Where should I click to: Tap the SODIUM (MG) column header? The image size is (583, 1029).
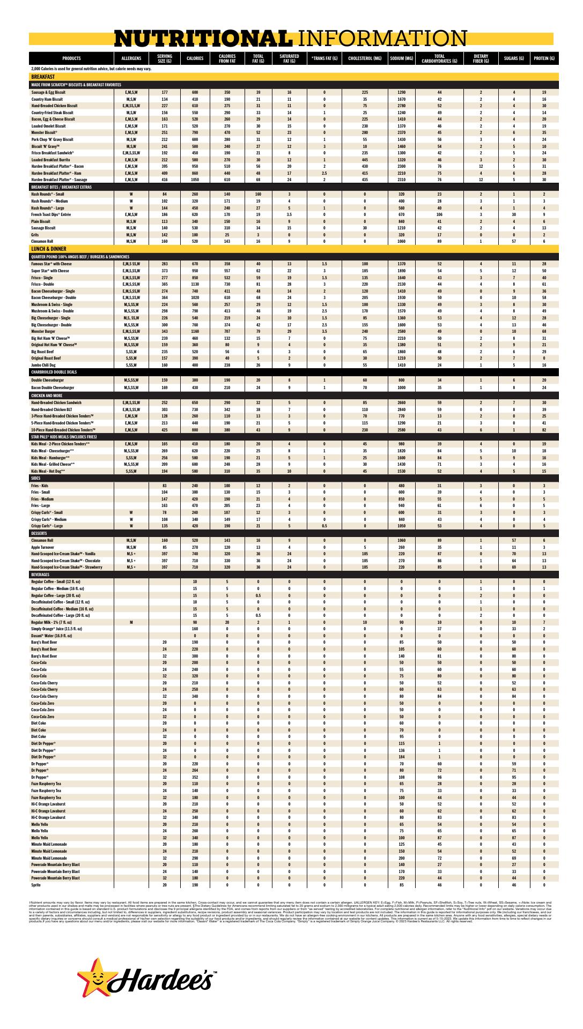pyautogui.click(x=402, y=58)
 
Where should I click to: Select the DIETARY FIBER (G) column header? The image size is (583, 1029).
pyautogui.click(x=481, y=58)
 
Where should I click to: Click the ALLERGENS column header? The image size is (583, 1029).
pyautogui.click(x=131, y=58)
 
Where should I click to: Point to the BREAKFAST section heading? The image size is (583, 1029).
pyautogui.click(x=43, y=77)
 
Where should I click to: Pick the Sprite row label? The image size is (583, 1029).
pyautogui.click(x=36, y=885)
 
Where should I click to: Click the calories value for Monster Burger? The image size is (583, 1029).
pyautogui.click(x=195, y=331)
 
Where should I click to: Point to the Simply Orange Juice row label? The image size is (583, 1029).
pyautogui.click(x=51, y=629)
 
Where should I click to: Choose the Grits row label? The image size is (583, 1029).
pyautogui.click(x=36, y=234)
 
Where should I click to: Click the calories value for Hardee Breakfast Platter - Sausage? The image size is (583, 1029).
pyautogui.click(x=195, y=180)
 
